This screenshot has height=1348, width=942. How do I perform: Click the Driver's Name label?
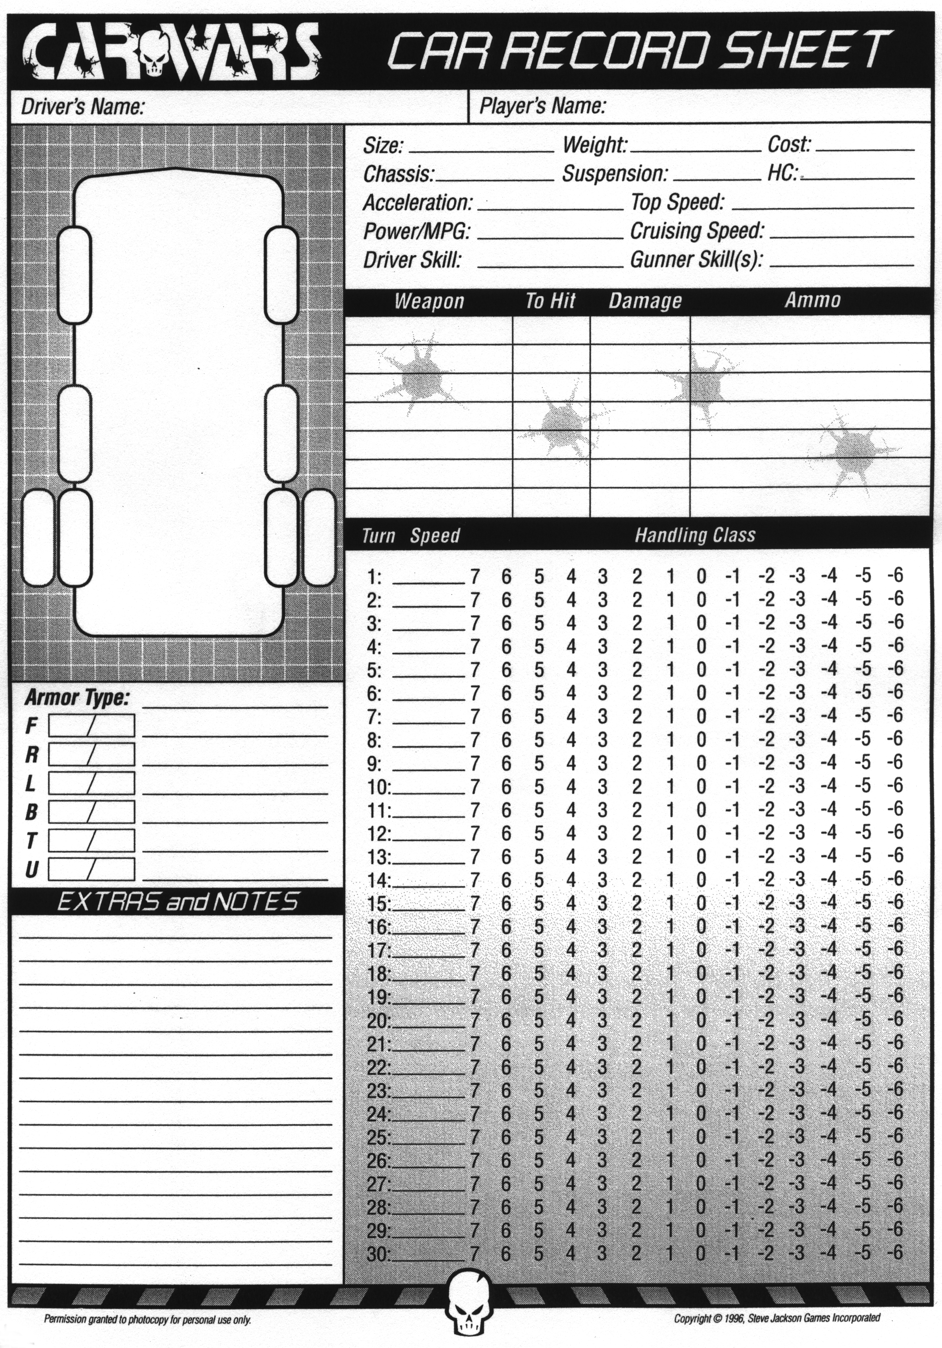(82, 107)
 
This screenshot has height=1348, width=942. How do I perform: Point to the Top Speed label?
(677, 203)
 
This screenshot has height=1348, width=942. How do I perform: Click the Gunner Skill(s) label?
(696, 260)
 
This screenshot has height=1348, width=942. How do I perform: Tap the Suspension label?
(615, 174)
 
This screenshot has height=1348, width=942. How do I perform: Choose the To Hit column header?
(550, 301)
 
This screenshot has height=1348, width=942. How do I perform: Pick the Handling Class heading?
(695, 535)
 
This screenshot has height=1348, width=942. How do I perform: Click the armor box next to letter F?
(91, 725)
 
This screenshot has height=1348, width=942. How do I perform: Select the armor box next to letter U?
(91, 869)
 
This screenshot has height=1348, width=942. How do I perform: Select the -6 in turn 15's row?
(895, 901)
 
